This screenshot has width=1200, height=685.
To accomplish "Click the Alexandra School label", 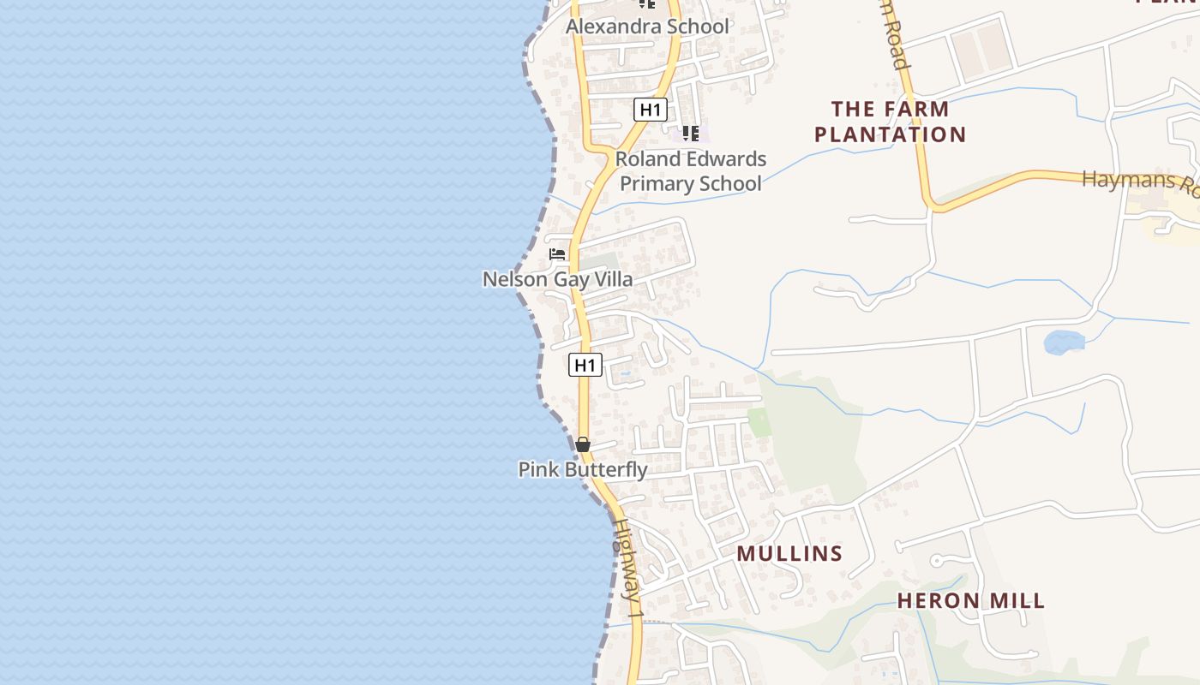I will click(647, 27).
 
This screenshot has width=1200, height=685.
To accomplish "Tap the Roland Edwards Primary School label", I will click(691, 171).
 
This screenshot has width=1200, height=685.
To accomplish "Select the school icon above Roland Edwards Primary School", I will click(690, 134).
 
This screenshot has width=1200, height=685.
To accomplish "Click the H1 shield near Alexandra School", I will click(651, 110).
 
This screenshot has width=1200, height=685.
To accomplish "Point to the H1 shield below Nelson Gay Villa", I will click(585, 366).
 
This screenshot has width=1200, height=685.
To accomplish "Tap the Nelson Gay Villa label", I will click(558, 279).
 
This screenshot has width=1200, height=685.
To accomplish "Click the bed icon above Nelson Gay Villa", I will click(557, 254).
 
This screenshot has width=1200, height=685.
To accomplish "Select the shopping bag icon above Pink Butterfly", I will click(583, 444).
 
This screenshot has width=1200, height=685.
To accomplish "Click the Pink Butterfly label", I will click(583, 469).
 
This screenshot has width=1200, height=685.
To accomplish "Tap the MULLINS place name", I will click(789, 554).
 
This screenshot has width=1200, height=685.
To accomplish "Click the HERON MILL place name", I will click(971, 600).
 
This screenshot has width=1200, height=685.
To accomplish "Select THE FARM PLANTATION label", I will click(891, 122).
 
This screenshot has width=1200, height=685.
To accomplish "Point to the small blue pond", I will click(1064, 342).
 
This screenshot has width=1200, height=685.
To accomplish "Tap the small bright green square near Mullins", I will click(759, 421).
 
